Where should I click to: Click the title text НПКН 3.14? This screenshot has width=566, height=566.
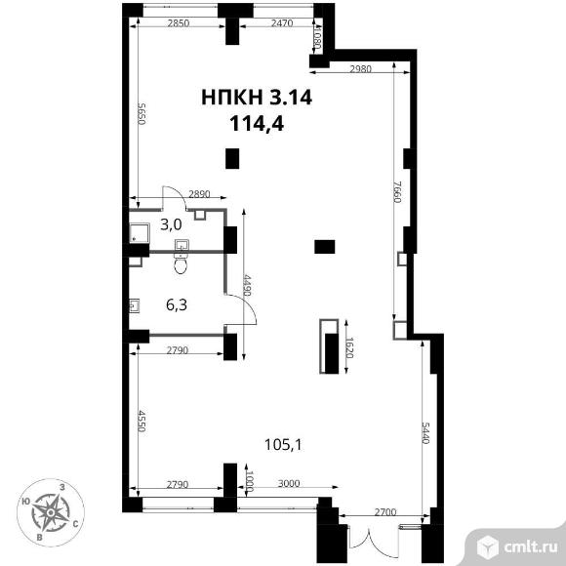[x=257, y=98]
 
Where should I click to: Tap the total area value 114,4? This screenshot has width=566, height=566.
[x=257, y=124]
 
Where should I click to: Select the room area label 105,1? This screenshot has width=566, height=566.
[x=283, y=445]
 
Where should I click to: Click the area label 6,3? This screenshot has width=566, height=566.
[x=177, y=305]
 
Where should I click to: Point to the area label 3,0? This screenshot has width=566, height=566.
[x=171, y=224]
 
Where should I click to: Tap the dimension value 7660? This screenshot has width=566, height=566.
[x=398, y=191]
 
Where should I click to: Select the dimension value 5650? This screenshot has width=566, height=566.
[x=141, y=114]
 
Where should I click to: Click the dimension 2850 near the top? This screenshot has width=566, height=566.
[x=179, y=23]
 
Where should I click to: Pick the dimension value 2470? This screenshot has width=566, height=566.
[x=282, y=23]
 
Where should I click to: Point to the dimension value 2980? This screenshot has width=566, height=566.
[x=361, y=68]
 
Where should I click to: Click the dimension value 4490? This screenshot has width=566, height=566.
[x=247, y=285]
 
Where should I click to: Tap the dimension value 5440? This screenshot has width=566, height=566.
[x=425, y=432]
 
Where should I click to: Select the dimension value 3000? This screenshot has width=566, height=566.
[x=289, y=483]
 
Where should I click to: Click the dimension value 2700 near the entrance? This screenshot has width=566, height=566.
[x=385, y=512]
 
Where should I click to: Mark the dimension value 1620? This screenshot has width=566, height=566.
[x=349, y=347]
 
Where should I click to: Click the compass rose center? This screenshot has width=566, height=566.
[x=51, y=512]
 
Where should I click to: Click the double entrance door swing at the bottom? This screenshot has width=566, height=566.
[x=369, y=539]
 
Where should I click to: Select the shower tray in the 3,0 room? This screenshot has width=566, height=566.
[x=140, y=233]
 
